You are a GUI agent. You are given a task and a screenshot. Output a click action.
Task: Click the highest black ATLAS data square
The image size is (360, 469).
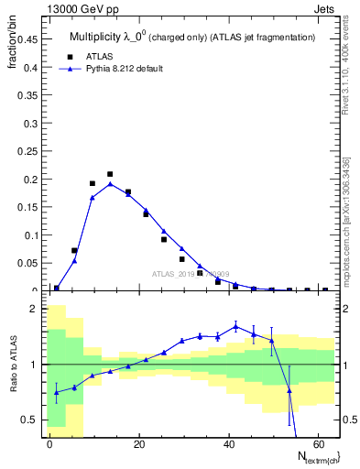click(x=110, y=174)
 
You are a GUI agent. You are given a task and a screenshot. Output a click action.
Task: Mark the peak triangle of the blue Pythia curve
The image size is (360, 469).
click(x=110, y=183)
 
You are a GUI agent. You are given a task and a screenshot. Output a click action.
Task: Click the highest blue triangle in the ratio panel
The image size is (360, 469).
click(x=235, y=326)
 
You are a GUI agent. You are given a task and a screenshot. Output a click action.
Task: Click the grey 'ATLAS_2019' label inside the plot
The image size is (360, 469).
click(x=174, y=273)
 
